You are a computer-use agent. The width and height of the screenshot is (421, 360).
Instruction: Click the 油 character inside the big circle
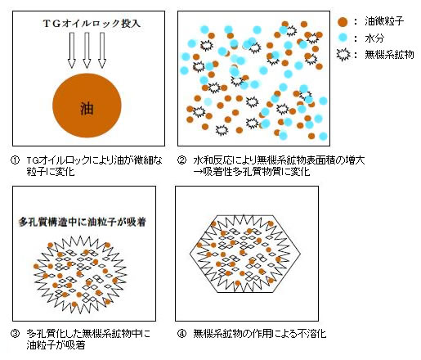[x=87, y=109]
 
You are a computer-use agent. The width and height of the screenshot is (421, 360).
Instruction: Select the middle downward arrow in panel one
[x=87, y=50]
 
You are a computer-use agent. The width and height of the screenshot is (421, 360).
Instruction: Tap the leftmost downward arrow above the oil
[x=72, y=50]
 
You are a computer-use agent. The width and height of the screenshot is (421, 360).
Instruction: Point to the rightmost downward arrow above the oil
[x=102, y=50]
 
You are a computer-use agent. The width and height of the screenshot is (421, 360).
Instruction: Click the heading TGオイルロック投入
[x=92, y=24]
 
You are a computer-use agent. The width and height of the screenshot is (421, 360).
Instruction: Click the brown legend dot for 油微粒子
[x=343, y=22]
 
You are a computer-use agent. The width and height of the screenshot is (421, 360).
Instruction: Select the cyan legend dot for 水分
[x=343, y=38]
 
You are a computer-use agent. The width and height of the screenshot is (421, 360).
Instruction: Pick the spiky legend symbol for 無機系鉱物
[x=343, y=54]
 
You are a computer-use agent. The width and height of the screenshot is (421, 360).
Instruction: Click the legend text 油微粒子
[x=384, y=21]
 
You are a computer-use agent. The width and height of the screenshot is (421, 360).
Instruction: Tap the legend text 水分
[x=374, y=38]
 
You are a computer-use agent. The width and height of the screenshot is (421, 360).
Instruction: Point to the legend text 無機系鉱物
[x=389, y=55]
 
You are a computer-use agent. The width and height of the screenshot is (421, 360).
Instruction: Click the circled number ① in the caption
[x=15, y=160]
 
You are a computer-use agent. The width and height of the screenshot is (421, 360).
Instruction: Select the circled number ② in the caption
[x=181, y=160]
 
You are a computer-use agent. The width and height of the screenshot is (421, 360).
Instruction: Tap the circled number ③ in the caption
[x=15, y=333]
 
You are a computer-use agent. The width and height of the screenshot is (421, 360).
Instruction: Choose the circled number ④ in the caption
[x=181, y=333]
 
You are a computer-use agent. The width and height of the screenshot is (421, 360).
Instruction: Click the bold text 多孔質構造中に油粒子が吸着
[x=82, y=222]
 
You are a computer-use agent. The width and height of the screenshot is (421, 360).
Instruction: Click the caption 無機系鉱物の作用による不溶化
[x=260, y=334]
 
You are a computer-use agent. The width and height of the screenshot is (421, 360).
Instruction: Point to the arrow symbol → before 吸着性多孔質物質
[x=198, y=172]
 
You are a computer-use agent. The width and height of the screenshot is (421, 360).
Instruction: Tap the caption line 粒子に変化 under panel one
[x=51, y=172]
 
